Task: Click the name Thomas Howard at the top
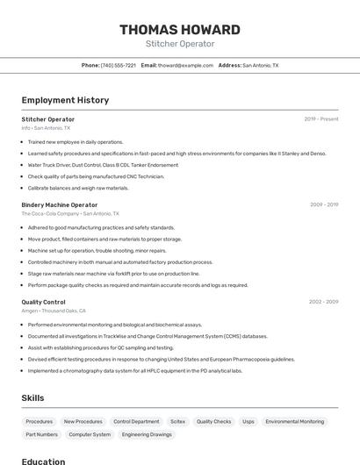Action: (179, 29)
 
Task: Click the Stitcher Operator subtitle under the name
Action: (179, 44)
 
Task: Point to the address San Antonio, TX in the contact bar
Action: (260, 65)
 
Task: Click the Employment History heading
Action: (65, 100)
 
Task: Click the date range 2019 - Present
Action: (320, 119)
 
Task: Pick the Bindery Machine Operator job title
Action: (60, 204)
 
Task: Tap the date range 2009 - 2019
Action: (323, 204)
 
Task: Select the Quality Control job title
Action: (43, 302)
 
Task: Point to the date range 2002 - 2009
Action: (323, 302)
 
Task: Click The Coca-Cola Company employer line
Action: (69, 213)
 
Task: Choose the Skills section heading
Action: (32, 398)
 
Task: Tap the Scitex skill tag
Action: (177, 421)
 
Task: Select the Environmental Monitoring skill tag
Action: (294, 421)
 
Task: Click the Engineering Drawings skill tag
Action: (147, 434)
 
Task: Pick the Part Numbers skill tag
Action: (41, 434)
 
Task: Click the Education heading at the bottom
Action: (43, 461)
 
